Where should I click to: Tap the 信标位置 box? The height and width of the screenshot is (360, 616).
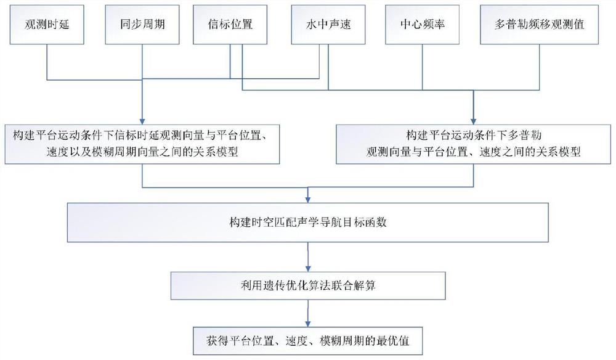point(230,26)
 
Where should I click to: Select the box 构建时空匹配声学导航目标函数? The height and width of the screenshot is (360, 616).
point(308,221)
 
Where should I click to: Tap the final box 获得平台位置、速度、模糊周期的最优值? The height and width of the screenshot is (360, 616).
point(308,339)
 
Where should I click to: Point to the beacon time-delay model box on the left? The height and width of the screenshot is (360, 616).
point(143,142)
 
